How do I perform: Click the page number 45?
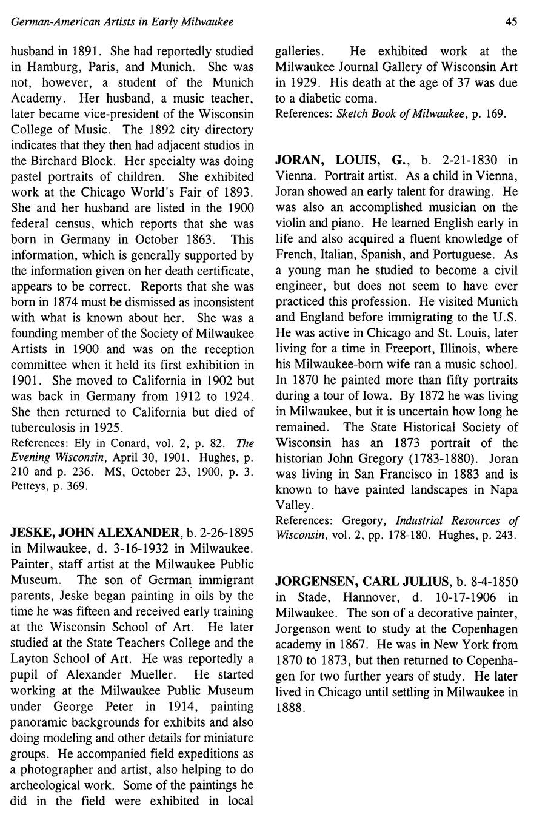pyautogui.click(x=511, y=22)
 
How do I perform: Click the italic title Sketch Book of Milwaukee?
pyautogui.click(x=402, y=114)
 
